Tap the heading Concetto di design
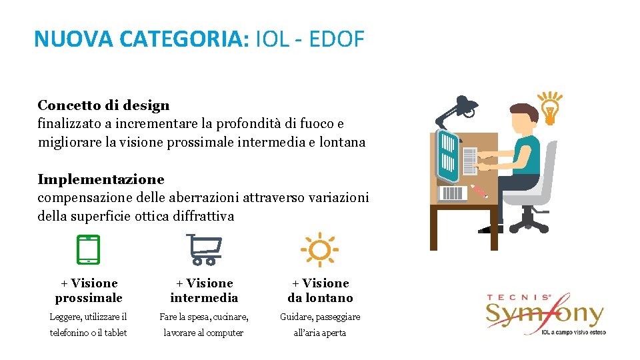[x=103, y=105]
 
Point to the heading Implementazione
[x=101, y=179]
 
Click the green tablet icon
[x=88, y=249]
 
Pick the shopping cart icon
[x=203, y=249]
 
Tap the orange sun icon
[x=319, y=250]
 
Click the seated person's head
[x=523, y=117]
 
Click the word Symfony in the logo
[x=543, y=313]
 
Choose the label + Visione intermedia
[x=203, y=291]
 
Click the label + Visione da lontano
[x=320, y=291]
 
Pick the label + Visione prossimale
[x=89, y=291]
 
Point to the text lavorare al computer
[x=203, y=333]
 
